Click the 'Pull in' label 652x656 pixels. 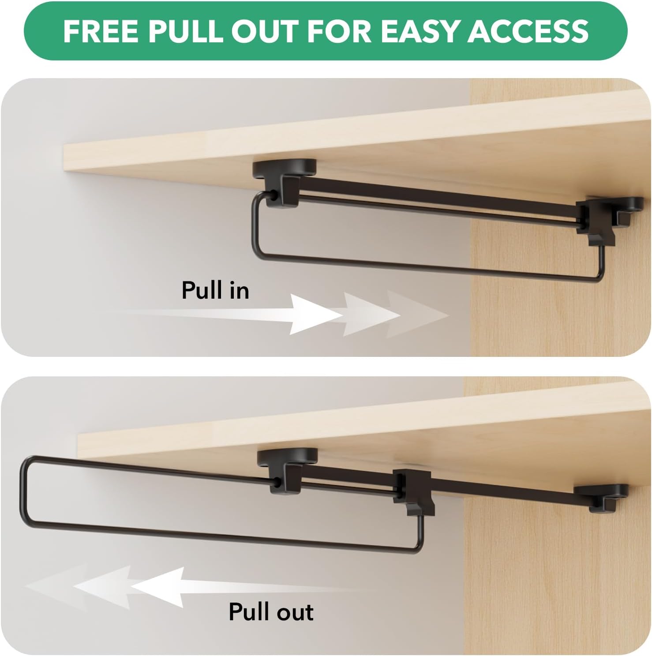click(x=215, y=291)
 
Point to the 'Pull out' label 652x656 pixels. click(x=271, y=612)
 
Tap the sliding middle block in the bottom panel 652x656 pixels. click(x=413, y=490)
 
